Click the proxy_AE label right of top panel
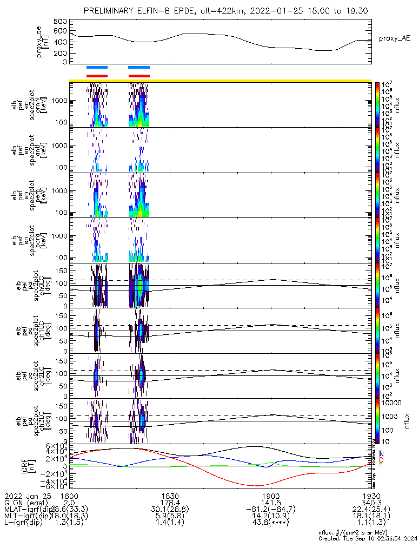(395, 38)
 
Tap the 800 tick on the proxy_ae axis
(61, 21)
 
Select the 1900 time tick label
(271, 496)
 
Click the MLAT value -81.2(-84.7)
(271, 510)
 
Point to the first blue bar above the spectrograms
(97, 68)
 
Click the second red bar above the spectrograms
(139, 76)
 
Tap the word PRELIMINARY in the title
(111, 10)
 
